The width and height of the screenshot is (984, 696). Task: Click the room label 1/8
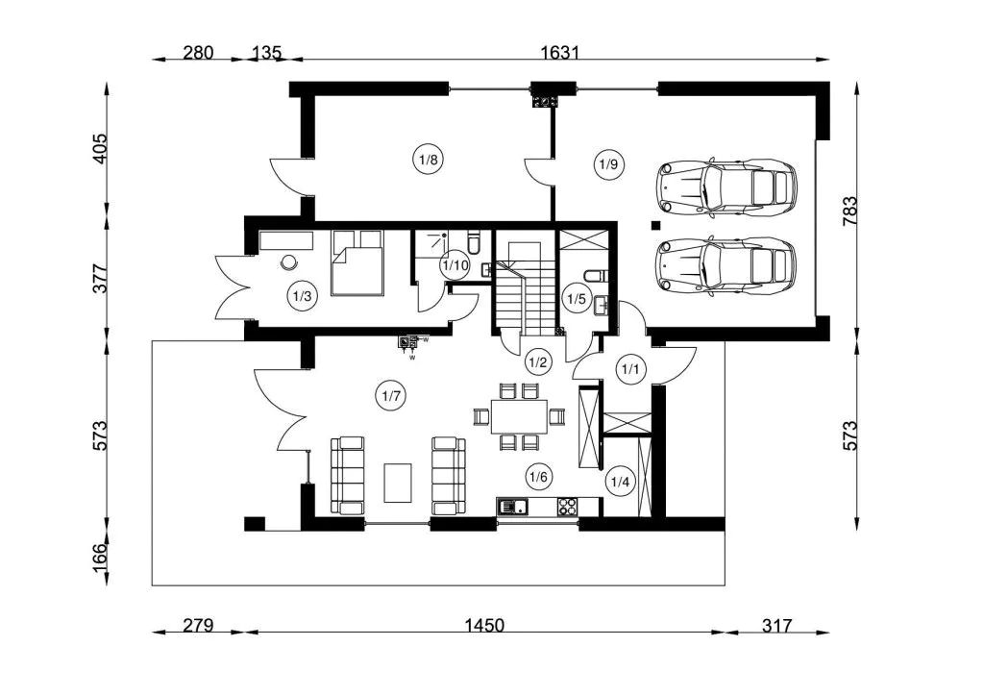[x=428, y=159]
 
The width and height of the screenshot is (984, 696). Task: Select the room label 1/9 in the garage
[x=608, y=165]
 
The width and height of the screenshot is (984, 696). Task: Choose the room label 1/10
[x=455, y=264]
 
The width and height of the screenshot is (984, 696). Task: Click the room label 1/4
[x=620, y=482]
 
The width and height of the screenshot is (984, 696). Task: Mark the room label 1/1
[x=630, y=368]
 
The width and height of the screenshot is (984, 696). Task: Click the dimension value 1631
[x=560, y=52]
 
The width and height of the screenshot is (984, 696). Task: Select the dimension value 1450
[x=484, y=625]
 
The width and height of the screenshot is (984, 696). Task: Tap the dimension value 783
[x=849, y=211]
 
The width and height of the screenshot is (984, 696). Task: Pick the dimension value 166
[x=100, y=558]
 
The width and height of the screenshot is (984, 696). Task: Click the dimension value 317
[x=776, y=625]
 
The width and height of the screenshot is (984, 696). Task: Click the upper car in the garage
[x=726, y=187]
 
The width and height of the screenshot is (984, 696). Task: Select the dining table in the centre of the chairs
[x=519, y=416]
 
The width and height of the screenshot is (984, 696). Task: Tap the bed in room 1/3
[x=357, y=263]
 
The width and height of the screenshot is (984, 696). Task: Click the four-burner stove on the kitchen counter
[x=568, y=506]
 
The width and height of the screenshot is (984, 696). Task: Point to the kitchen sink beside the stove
[x=513, y=506]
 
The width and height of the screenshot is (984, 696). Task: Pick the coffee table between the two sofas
[x=398, y=483]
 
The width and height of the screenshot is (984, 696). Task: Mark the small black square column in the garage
[x=655, y=225]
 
